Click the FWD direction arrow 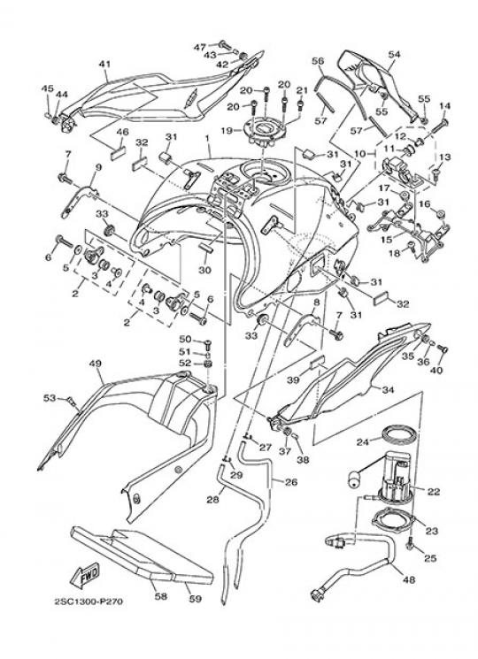click(85, 574)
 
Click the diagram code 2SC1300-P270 click(89, 602)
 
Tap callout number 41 click(104, 64)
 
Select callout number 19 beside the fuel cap click(227, 131)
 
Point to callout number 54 click(394, 54)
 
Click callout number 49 click(96, 364)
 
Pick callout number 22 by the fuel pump click(434, 491)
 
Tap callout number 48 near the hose click(409, 579)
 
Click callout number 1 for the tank click(207, 138)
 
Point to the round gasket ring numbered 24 click(400, 435)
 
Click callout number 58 click(160, 596)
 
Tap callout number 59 click(196, 599)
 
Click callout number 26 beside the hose click(291, 482)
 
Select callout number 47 click(200, 47)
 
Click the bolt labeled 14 click(440, 124)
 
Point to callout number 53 click(50, 397)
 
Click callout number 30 click(204, 270)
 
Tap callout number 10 click(360, 154)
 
